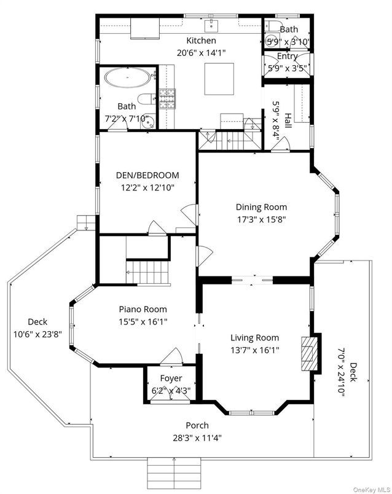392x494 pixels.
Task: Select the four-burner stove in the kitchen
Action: pos(167,98)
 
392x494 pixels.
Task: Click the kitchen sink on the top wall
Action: pos(212,25)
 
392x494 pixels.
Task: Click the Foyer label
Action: pos(171,378)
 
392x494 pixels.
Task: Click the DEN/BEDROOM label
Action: pos(147,174)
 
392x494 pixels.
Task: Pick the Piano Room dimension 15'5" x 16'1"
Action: pos(143,321)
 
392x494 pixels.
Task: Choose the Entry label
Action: pos(288,56)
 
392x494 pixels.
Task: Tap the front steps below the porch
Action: pos(175,471)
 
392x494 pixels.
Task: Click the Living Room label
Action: pos(254,337)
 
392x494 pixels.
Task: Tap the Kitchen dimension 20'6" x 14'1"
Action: pos(202,53)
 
